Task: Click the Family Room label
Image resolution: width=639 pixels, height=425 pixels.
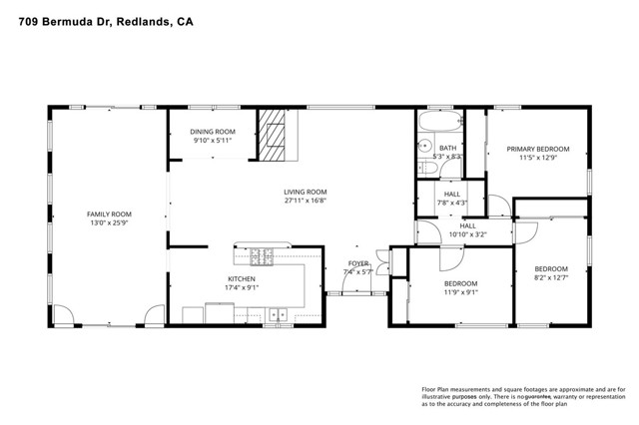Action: pyautogui.click(x=109, y=214)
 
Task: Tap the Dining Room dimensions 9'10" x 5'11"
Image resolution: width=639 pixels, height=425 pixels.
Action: pyautogui.click(x=213, y=141)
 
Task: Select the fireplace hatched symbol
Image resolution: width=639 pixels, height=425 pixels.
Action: pyautogui.click(x=272, y=134)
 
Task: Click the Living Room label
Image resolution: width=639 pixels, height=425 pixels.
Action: pyautogui.click(x=305, y=192)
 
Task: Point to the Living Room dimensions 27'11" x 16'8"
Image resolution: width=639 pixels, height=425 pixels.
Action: pyautogui.click(x=305, y=201)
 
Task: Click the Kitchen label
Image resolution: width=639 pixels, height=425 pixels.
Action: pyautogui.click(x=241, y=279)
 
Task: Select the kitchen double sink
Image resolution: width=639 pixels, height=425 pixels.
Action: pyautogui.click(x=277, y=315)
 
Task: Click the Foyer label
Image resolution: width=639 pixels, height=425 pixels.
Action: pyautogui.click(x=357, y=263)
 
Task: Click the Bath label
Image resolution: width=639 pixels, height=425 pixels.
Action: pyautogui.click(x=447, y=148)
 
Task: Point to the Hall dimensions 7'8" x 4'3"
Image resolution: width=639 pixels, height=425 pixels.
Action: pyautogui.click(x=451, y=203)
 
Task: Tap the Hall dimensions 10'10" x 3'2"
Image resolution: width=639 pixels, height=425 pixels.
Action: pyautogui.click(x=467, y=235)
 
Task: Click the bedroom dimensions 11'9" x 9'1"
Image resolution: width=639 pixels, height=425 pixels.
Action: pyautogui.click(x=460, y=292)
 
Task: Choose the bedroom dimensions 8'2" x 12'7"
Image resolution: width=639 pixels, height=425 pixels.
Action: pyautogui.click(x=550, y=277)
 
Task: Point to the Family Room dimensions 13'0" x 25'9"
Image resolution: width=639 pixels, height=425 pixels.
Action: pyautogui.click(x=109, y=223)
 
